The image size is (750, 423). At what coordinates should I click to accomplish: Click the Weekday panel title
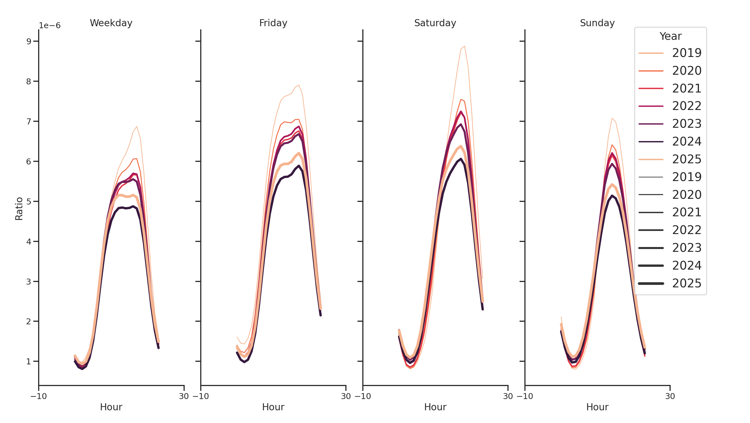111,23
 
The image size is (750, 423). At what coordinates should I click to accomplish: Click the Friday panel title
273,23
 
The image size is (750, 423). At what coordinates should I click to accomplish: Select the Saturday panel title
435,23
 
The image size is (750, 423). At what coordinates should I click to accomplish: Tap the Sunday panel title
597,23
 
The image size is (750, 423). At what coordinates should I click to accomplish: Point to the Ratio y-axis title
19,208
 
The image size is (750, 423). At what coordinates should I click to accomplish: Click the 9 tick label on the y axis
29,41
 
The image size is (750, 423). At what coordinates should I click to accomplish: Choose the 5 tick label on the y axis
29,201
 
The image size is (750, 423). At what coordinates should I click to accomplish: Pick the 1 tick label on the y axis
29,361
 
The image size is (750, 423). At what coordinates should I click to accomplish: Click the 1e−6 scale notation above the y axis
50,26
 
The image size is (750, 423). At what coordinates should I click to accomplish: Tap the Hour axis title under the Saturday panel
435,407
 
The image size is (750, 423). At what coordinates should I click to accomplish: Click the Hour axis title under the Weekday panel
111,407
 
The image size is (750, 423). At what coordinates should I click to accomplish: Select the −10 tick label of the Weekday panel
38,396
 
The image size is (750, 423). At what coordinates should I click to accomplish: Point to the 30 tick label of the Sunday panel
670,396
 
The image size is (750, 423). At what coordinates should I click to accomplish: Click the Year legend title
670,36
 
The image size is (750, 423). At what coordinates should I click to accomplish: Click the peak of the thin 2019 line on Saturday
465,46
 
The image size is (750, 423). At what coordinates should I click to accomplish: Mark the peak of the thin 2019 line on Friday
299,85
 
